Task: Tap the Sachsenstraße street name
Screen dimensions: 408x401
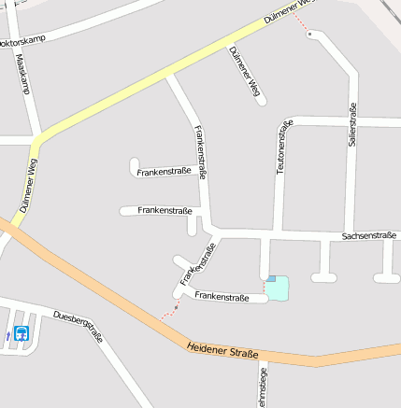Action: tap(368, 237)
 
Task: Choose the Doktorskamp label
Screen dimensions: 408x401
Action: tap(21, 42)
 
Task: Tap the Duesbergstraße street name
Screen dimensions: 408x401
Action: tap(79, 325)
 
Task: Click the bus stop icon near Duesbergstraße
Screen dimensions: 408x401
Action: tap(21, 332)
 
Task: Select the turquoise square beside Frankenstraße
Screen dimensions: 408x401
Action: tap(279, 289)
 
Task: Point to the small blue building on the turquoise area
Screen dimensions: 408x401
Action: tap(271, 278)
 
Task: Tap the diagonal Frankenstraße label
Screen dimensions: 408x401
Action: tap(198, 263)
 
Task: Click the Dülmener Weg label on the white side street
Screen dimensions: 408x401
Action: tap(242, 71)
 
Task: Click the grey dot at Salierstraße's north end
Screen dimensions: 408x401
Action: tap(310, 34)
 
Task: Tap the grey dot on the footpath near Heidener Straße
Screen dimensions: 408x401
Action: tap(176, 304)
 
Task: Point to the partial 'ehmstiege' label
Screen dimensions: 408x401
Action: tap(262, 388)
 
